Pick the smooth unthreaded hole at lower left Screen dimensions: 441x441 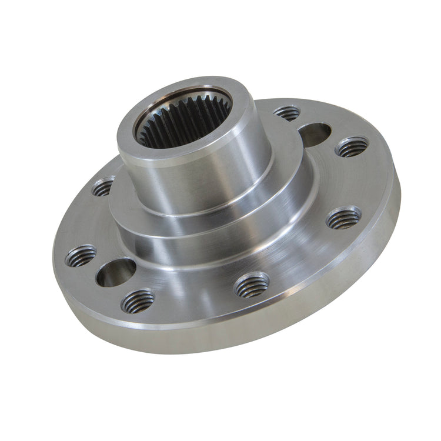[x=116, y=272]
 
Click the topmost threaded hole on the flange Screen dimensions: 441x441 [x=287, y=113]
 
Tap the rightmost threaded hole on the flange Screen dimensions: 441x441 [x=352, y=147]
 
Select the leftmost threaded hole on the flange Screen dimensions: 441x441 [x=81, y=256]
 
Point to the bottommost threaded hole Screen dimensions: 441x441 [x=138, y=300]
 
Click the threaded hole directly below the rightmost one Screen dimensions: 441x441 [x=343, y=218]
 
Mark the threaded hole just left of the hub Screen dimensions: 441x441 [x=103, y=186]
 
